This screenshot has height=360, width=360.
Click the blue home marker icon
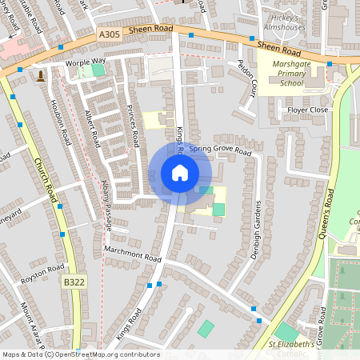click(x=180, y=172)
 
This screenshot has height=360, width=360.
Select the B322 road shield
click(x=73, y=282)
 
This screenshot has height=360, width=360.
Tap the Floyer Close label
click(x=308, y=110)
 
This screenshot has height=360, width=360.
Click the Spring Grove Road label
click(x=221, y=151)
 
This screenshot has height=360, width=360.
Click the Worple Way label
click(x=86, y=61)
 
